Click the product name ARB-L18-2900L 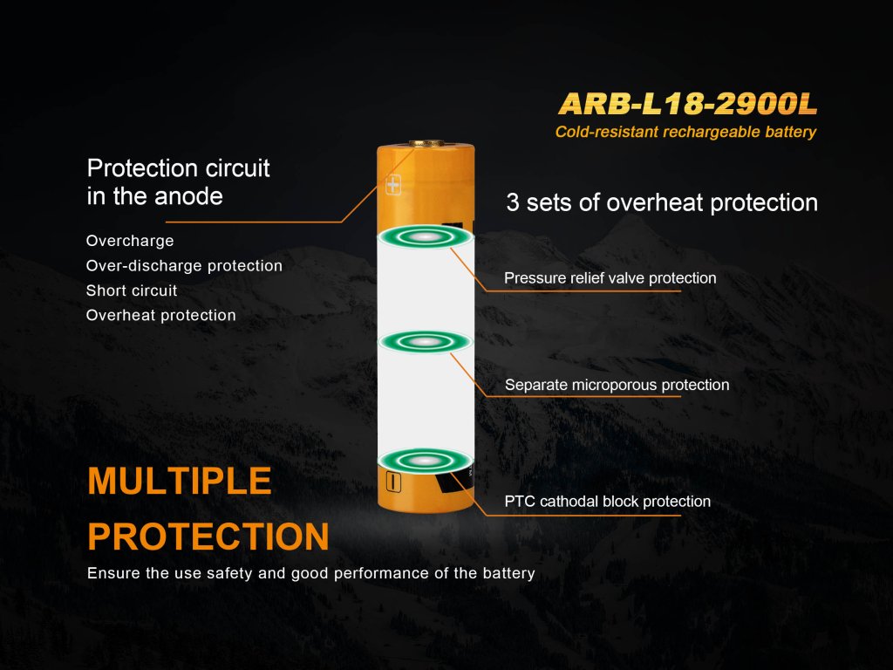pos(688,103)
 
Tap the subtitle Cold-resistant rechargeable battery pos(685,133)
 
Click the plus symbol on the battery pos(393,185)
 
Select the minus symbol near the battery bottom pos(393,482)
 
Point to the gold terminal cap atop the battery pos(425,144)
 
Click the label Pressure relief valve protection pos(610,278)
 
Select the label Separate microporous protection pos(617,385)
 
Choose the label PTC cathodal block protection pos(608,502)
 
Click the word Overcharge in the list pos(130,241)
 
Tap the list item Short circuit pos(132,291)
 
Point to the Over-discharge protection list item pos(184,266)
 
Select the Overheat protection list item pos(160,315)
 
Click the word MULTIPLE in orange pos(180,481)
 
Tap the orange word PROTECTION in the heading pos(208,537)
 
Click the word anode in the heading pos(188,196)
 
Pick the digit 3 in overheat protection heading pos(513,202)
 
